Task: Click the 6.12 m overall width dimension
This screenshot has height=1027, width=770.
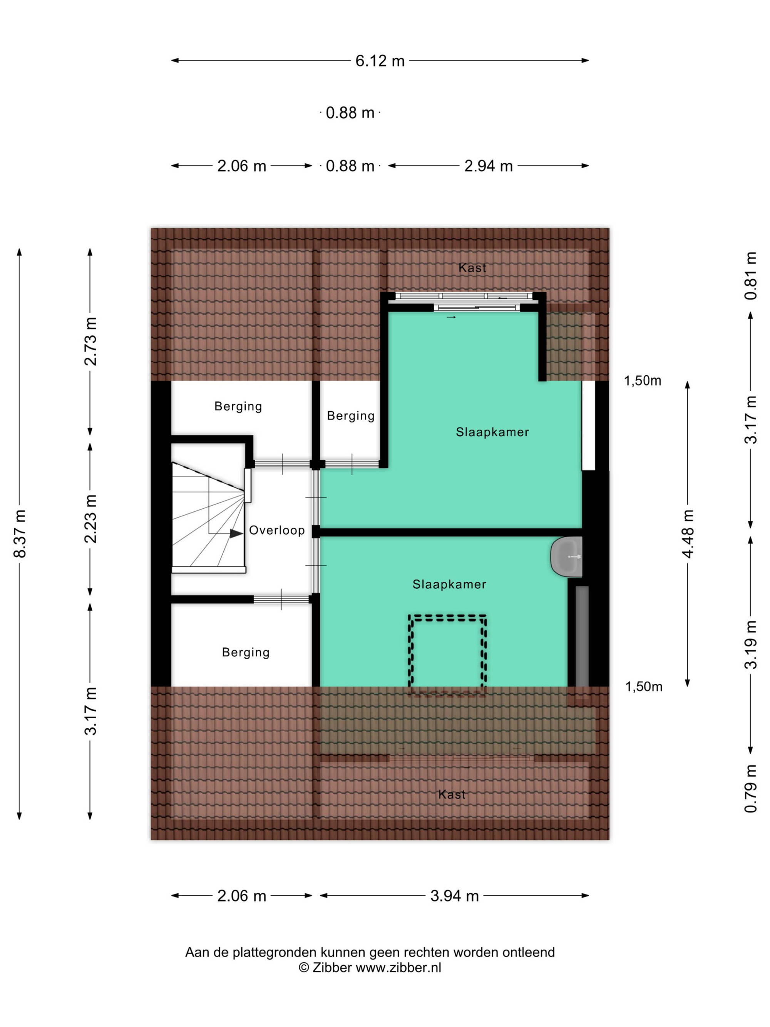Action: coord(380,60)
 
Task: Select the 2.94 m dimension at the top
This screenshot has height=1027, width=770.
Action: coord(488,166)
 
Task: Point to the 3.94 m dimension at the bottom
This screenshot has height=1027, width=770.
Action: coord(454,896)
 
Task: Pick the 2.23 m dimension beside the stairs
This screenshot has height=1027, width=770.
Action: coord(90,519)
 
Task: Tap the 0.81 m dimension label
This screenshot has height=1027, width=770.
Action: coord(750,276)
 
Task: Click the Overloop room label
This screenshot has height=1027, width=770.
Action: coord(277,530)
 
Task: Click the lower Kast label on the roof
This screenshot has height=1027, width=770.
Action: coord(452,794)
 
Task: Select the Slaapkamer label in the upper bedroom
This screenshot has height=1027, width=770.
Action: coord(492,432)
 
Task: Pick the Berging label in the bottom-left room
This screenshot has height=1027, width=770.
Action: coord(246,652)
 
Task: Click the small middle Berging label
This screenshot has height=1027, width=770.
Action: coord(350,415)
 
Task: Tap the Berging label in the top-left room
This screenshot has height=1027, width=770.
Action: coord(238,406)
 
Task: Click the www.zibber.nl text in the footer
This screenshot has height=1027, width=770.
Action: coord(398,968)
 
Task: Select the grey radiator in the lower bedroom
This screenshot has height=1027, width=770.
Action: coord(582,636)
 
